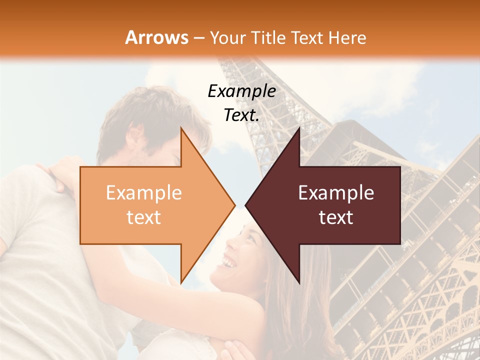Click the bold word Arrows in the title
point(157,37)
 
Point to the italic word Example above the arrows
point(241,91)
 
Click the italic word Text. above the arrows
point(241,115)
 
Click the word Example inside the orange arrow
point(144,193)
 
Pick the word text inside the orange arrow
point(144,217)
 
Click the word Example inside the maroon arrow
point(336,193)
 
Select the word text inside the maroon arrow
point(336,217)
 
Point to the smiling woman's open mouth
point(229,261)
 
